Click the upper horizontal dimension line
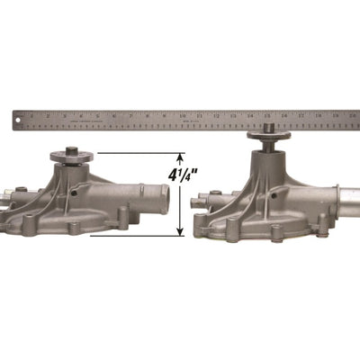pyautogui.click(x=135, y=154)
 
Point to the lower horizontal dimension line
pyautogui.click(x=135, y=236)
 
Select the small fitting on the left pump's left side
pyautogui.click(x=6, y=193)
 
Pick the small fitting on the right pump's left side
pyautogui.click(x=205, y=194)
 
